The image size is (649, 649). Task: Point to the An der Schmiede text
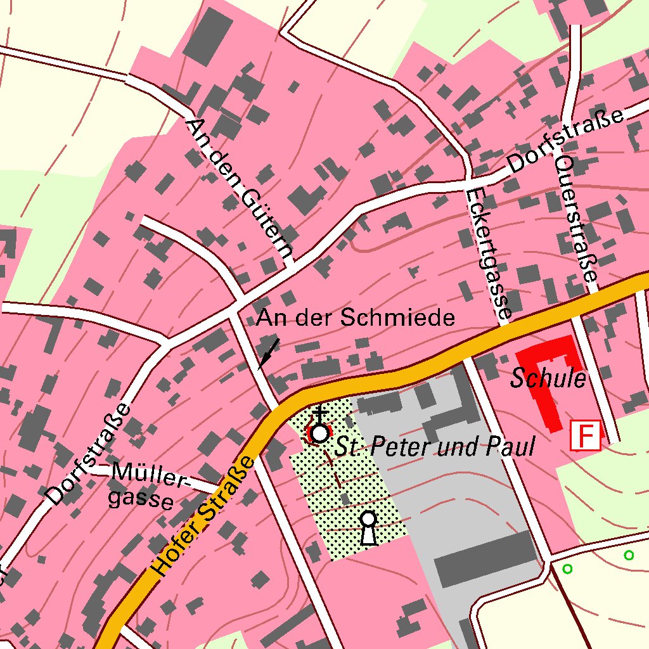coord(356,318)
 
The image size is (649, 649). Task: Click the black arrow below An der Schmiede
coord(268,353)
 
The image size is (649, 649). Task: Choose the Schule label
coord(548,378)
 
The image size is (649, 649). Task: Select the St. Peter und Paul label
coord(435,447)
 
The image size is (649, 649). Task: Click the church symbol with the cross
coord(320,432)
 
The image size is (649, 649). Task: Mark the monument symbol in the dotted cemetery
coord(368,528)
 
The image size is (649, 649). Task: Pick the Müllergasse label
coord(149,485)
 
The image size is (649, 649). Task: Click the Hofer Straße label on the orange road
coord(203,518)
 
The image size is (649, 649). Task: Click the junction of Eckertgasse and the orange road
coord(504,327)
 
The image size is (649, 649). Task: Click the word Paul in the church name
coord(510,447)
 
